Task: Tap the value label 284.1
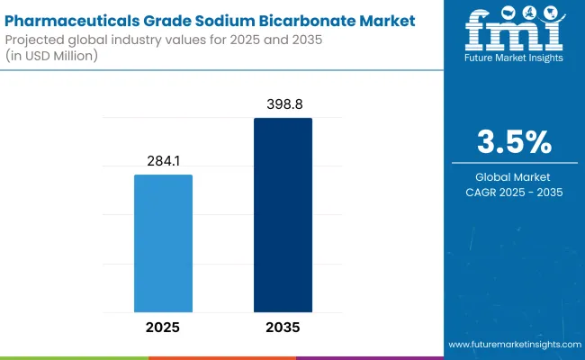[163, 160]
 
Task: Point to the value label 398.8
[283, 104]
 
